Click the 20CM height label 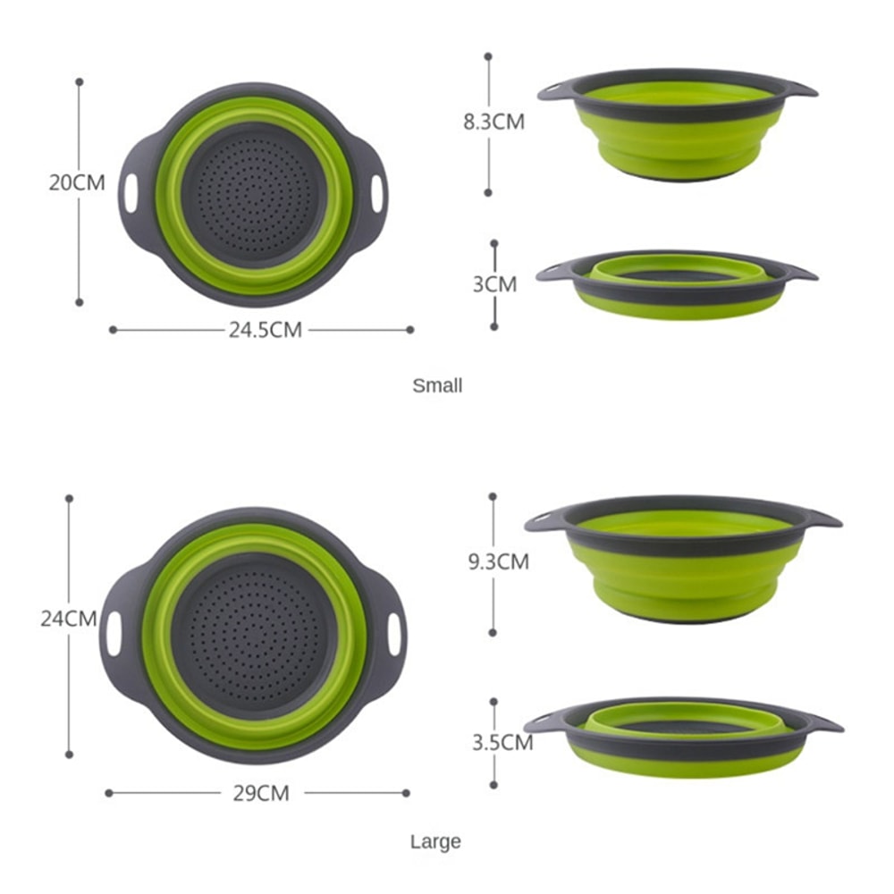77,183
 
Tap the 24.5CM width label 266,330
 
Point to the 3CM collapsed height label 495,284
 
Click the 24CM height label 69,618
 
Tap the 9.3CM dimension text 499,561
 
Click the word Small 437,386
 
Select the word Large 435,841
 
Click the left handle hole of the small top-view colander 132,194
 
